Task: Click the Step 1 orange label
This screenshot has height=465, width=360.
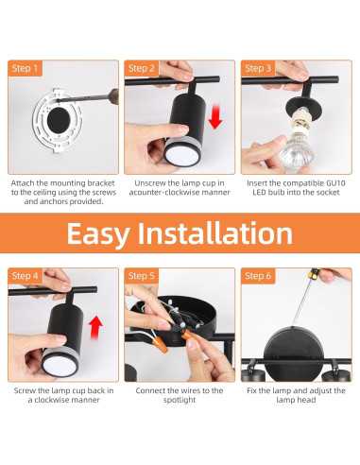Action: point(25,68)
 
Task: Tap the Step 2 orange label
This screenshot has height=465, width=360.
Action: point(142,68)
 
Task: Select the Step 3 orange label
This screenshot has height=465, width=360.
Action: point(258,68)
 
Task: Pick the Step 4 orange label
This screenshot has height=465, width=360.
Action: point(25,276)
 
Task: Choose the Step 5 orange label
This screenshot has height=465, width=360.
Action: point(142,276)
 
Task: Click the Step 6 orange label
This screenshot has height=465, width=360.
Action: point(258,276)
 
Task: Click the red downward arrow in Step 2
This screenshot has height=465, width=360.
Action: point(215,117)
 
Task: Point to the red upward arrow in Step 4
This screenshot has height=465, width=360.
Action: point(95,328)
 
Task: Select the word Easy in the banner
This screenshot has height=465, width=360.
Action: point(98,233)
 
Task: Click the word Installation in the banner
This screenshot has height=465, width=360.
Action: point(215,232)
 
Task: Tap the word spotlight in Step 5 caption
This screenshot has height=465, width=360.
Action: point(180,400)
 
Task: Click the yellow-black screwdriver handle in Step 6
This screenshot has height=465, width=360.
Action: point(314,273)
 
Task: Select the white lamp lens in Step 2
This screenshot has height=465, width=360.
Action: point(182,155)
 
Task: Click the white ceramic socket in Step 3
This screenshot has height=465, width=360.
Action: point(300,121)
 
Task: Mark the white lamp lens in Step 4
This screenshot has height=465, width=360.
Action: point(60,365)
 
